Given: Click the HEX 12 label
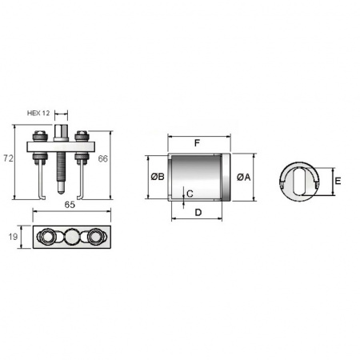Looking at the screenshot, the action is pos(38,113).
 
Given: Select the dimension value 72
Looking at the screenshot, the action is pos(8,158).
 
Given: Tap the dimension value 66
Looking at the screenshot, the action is pos(102,158).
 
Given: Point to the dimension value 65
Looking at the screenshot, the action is pos(70,205).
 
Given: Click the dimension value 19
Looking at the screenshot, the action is pos(13,237).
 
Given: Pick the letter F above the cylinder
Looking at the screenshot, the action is pos(197,143).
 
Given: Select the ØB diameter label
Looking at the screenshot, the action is pos(158,177).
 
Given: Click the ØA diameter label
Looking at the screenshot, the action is pos(244,177).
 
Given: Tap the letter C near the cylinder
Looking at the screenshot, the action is pos(190,194).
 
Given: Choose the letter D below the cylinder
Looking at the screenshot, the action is pos(198,213).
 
